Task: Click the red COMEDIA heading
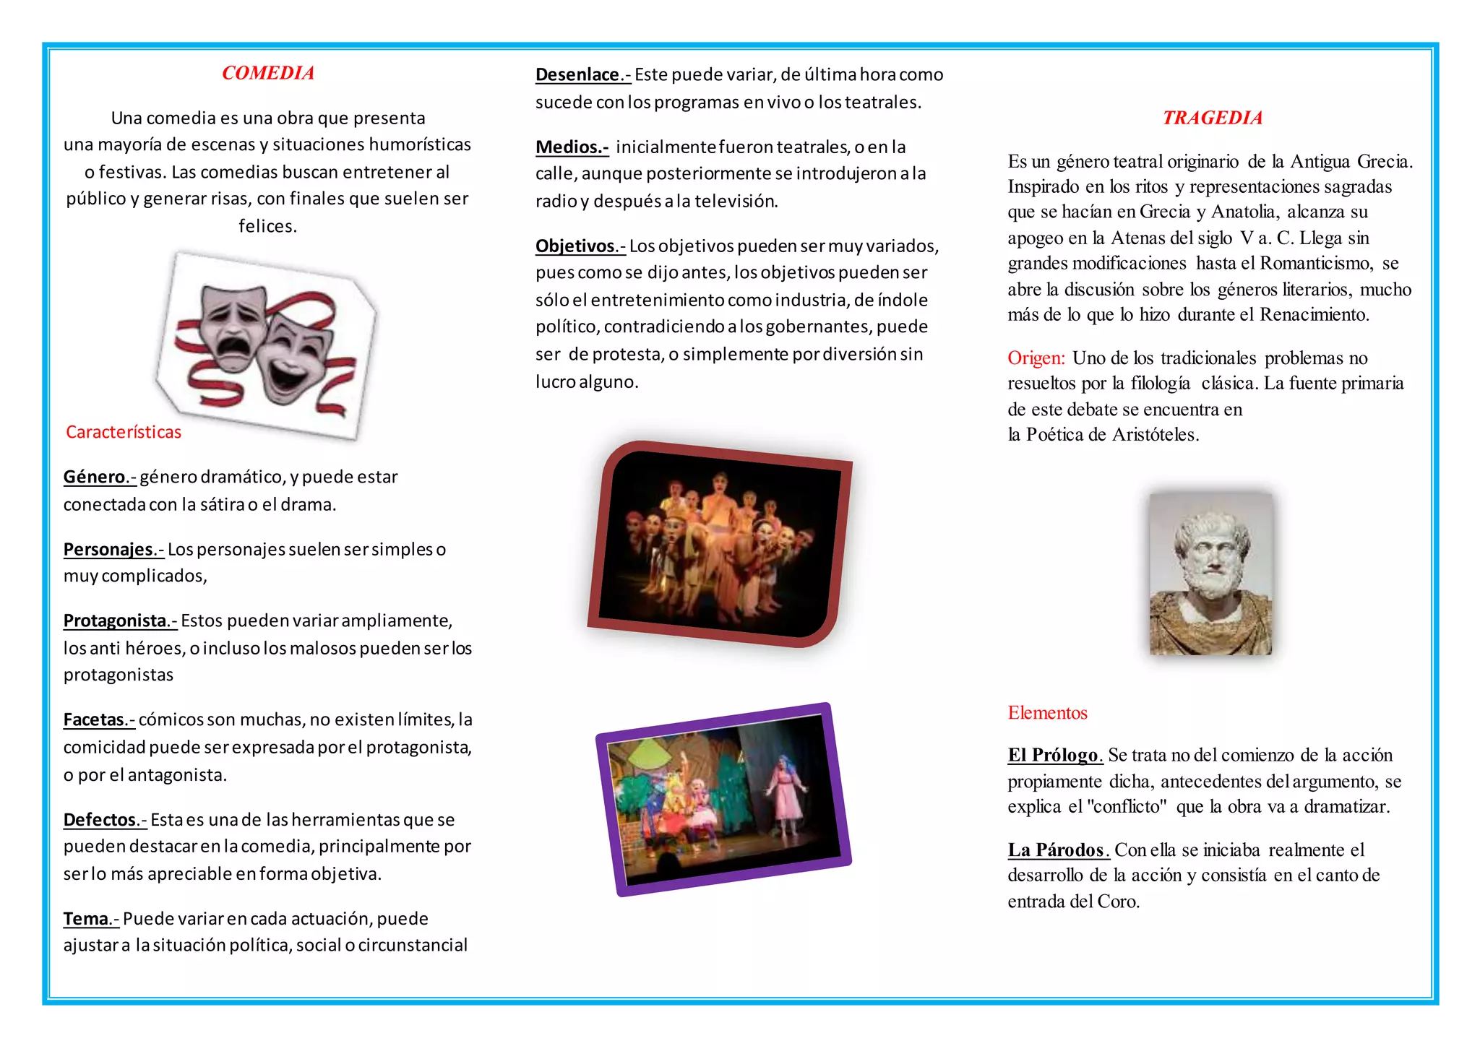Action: [268, 73]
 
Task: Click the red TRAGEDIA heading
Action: [1213, 118]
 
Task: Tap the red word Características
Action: [124, 432]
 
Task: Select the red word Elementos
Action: [1047, 713]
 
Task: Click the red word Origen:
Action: [1036, 358]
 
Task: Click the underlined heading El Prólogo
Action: [1054, 756]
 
